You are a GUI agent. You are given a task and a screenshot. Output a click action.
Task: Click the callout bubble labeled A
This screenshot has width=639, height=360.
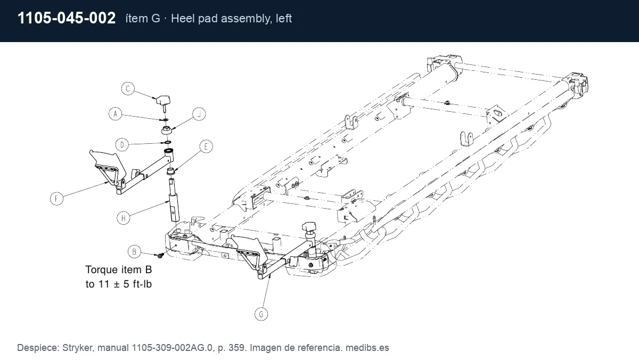(115, 114)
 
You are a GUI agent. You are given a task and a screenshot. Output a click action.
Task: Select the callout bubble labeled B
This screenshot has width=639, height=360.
(134, 251)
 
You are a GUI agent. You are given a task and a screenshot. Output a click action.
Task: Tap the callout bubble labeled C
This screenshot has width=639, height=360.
(128, 89)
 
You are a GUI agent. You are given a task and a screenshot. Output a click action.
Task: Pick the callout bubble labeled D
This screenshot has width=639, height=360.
(122, 145)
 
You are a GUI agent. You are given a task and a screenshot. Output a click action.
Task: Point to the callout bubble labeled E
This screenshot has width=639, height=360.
(206, 146)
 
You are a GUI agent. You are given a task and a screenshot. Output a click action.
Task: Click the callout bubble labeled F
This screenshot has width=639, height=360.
(57, 199)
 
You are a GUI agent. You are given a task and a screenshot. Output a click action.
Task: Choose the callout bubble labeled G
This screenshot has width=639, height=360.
(261, 314)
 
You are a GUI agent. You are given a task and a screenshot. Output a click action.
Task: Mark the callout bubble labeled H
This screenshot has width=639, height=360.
(124, 218)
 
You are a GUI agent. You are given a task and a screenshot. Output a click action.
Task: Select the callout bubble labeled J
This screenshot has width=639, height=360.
(199, 114)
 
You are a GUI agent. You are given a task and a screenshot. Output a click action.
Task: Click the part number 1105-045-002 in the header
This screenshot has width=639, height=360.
(67, 18)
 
